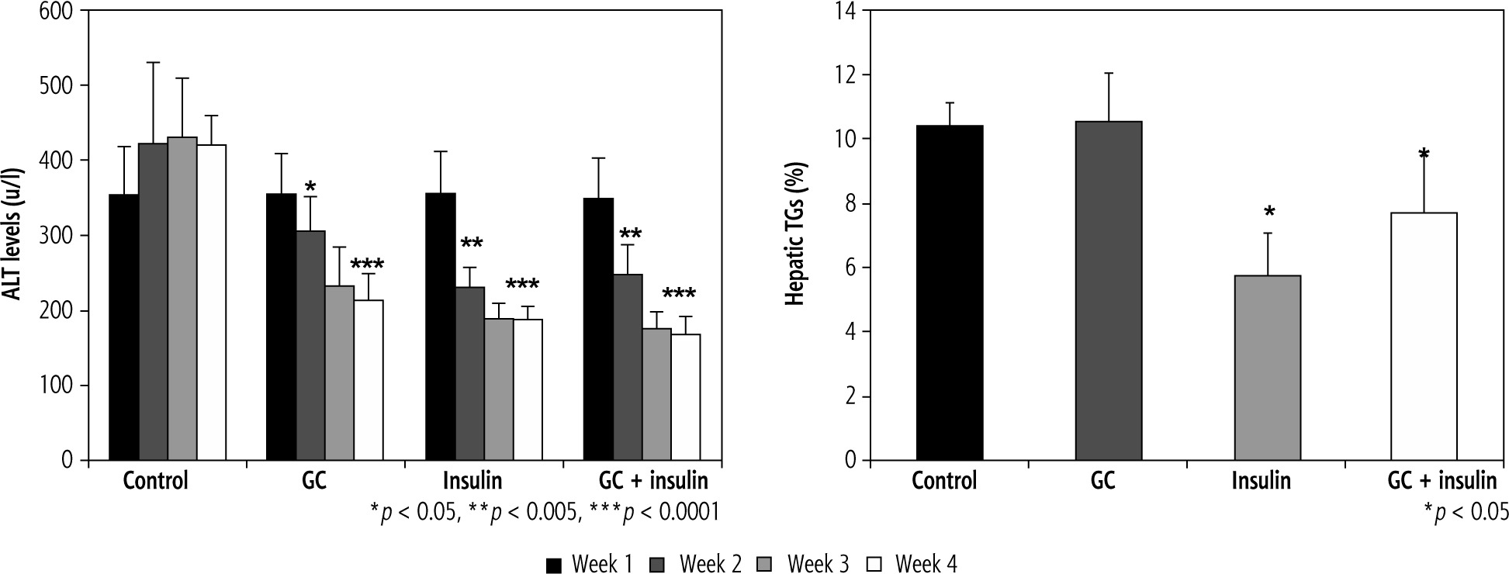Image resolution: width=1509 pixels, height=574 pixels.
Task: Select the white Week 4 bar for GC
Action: (x=369, y=380)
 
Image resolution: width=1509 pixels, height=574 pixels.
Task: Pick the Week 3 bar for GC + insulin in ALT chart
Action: (x=657, y=394)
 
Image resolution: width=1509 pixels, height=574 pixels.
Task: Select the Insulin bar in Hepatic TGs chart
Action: (x=1267, y=368)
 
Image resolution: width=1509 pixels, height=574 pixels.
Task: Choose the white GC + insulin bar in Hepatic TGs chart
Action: (x=1424, y=337)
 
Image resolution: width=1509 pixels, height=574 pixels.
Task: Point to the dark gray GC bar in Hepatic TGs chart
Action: (x=1108, y=291)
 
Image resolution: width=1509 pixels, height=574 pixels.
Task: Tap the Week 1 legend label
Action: (x=601, y=565)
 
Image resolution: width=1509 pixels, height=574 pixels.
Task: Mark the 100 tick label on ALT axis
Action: (x=58, y=386)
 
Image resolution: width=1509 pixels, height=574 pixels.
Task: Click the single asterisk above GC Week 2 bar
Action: (x=310, y=187)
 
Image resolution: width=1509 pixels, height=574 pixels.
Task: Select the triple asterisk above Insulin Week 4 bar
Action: (x=522, y=285)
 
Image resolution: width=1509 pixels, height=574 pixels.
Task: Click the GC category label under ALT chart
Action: (x=313, y=481)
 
